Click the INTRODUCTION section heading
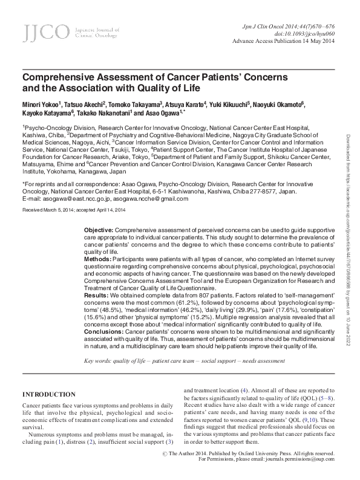[x=49, y=394]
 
